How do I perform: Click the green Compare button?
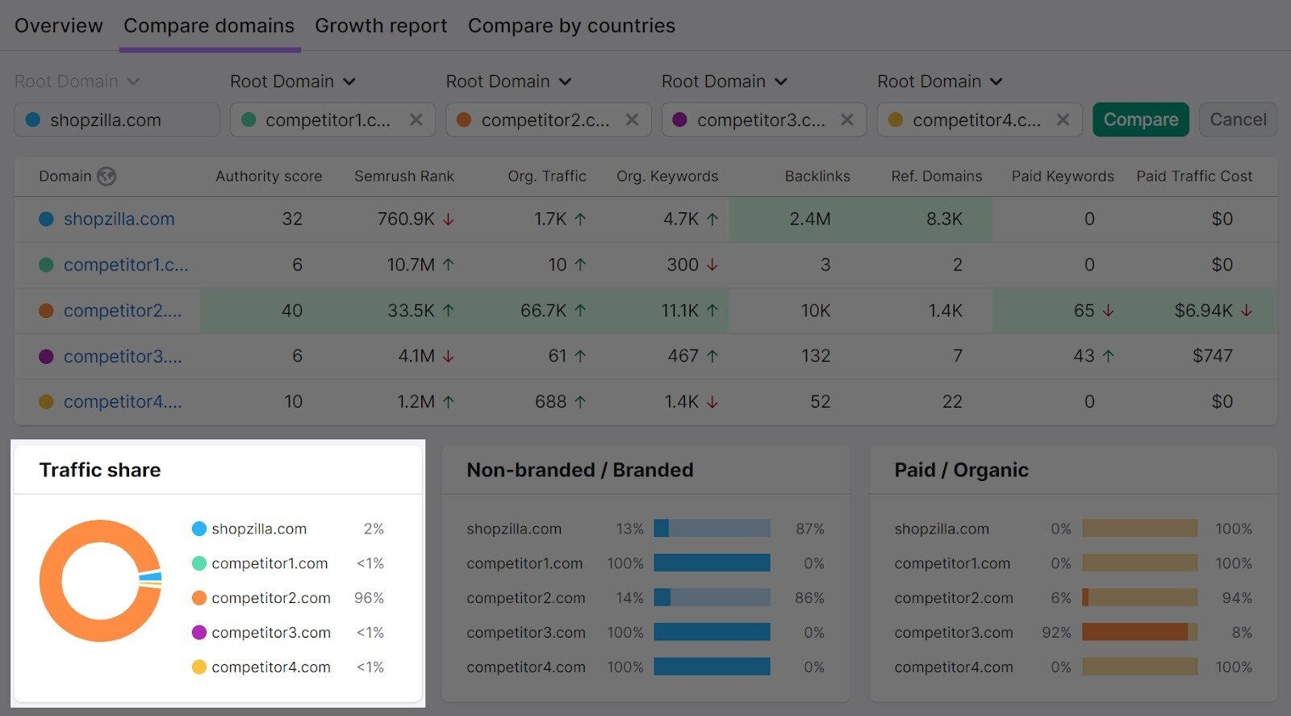(1140, 119)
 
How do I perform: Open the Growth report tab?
(381, 26)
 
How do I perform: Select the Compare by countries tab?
(571, 26)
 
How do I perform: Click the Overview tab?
(59, 26)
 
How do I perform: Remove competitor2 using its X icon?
(632, 119)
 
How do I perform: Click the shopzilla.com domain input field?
(117, 119)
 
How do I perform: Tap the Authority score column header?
(269, 176)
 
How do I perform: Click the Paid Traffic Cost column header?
(1194, 176)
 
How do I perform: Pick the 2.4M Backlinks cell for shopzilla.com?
(810, 219)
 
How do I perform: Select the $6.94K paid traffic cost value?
(1203, 311)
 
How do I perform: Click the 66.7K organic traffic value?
(543, 311)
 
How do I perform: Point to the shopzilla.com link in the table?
(119, 219)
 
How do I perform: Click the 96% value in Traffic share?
(369, 598)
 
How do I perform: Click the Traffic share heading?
(100, 470)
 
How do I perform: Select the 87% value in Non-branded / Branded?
(809, 529)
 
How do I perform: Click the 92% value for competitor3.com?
(1056, 633)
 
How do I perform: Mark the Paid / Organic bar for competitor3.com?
(1139, 632)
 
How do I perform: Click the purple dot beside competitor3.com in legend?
(199, 633)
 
